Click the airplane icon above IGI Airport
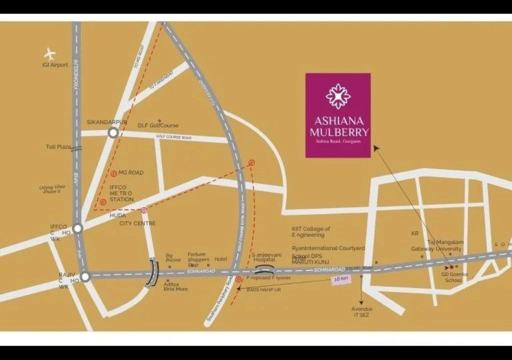coord(49,53)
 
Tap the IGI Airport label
coord(55,65)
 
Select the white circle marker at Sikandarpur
coord(113,132)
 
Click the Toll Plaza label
coord(58,147)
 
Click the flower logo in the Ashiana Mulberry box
coord(338,96)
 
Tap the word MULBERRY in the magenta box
coord(339,132)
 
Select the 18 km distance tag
coord(341,279)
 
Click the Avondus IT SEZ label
coord(361,312)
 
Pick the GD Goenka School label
coord(454,277)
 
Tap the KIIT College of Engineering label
coord(311,231)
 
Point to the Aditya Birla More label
coord(175,286)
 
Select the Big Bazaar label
coord(173,258)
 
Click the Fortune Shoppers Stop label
coord(198,259)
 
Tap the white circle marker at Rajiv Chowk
coord(85,276)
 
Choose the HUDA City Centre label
coord(132,219)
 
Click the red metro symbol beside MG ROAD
coord(114,173)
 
